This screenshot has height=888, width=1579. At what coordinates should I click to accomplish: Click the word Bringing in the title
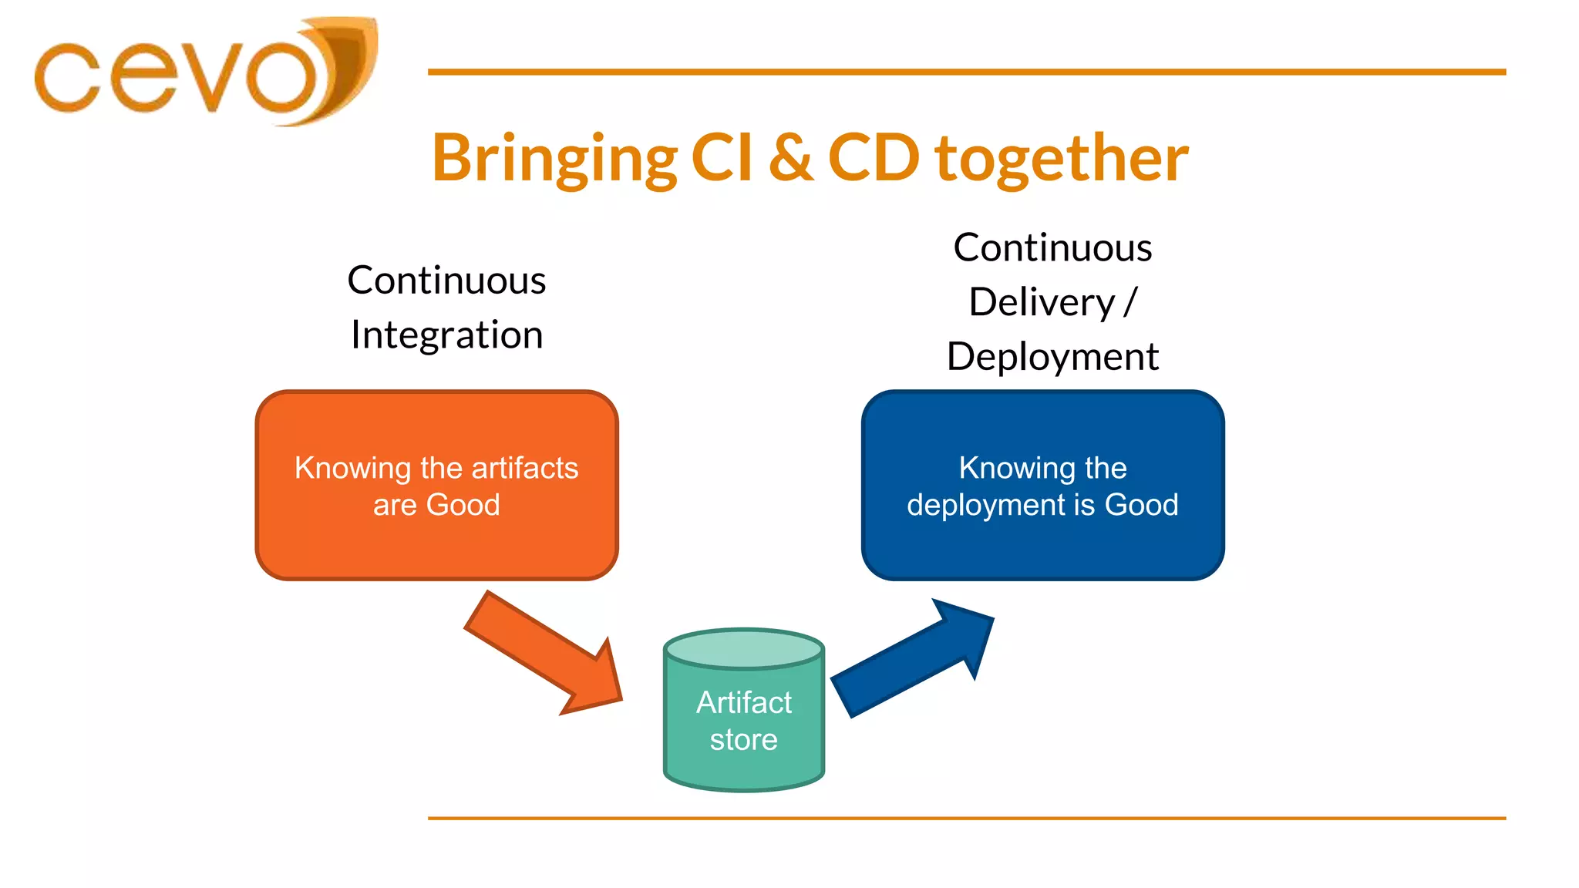pyautogui.click(x=554, y=160)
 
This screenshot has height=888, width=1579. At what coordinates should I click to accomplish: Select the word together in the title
pyautogui.click(x=1062, y=160)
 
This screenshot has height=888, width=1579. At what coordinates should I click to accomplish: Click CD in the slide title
pyautogui.click(x=874, y=158)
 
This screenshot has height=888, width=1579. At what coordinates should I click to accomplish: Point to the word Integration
pyautogui.click(x=446, y=335)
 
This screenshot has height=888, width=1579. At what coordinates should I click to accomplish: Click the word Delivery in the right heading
pyautogui.click(x=1042, y=301)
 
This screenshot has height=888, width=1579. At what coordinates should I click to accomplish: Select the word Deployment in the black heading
pyautogui.click(x=1052, y=357)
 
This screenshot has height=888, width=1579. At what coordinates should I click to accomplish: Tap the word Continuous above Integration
pyautogui.click(x=446, y=280)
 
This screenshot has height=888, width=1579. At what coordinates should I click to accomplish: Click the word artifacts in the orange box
pyautogui.click(x=524, y=468)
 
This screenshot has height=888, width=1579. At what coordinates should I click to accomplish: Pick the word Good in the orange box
pyautogui.click(x=463, y=505)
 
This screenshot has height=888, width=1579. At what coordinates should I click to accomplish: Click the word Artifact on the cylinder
pyautogui.click(x=743, y=702)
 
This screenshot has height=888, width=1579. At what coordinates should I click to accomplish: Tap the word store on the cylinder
pyautogui.click(x=743, y=740)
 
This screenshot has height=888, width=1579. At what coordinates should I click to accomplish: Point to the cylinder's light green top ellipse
pyautogui.click(x=744, y=648)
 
